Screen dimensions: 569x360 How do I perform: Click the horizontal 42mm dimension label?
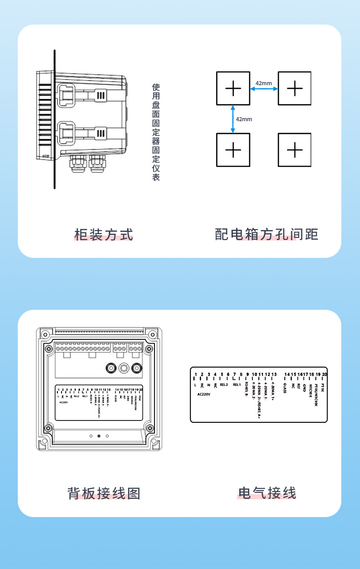(x=263, y=83)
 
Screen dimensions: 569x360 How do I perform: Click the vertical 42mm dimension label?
(x=244, y=119)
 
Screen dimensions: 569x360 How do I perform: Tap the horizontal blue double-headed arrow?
(x=264, y=89)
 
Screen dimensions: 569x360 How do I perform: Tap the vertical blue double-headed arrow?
(x=233, y=119)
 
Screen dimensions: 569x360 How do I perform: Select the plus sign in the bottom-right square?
(x=295, y=149)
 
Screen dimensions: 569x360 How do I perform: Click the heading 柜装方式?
(x=104, y=235)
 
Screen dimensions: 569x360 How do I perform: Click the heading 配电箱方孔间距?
(x=266, y=235)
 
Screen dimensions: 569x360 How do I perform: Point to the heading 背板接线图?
(x=104, y=493)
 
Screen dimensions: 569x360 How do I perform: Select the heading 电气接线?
(x=267, y=493)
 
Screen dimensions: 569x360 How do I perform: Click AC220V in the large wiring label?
(x=204, y=394)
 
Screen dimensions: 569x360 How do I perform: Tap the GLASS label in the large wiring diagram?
(x=285, y=388)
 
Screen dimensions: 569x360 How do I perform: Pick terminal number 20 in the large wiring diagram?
(x=324, y=374)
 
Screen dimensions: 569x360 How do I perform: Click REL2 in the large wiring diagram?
(x=224, y=384)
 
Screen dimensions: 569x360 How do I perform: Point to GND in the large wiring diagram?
(x=304, y=388)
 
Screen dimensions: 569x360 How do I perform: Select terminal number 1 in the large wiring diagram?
(x=195, y=374)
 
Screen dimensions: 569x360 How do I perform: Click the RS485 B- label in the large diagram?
(x=247, y=390)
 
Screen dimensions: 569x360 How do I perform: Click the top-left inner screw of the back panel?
(x=49, y=349)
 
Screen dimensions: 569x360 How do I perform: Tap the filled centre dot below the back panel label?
(x=99, y=436)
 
